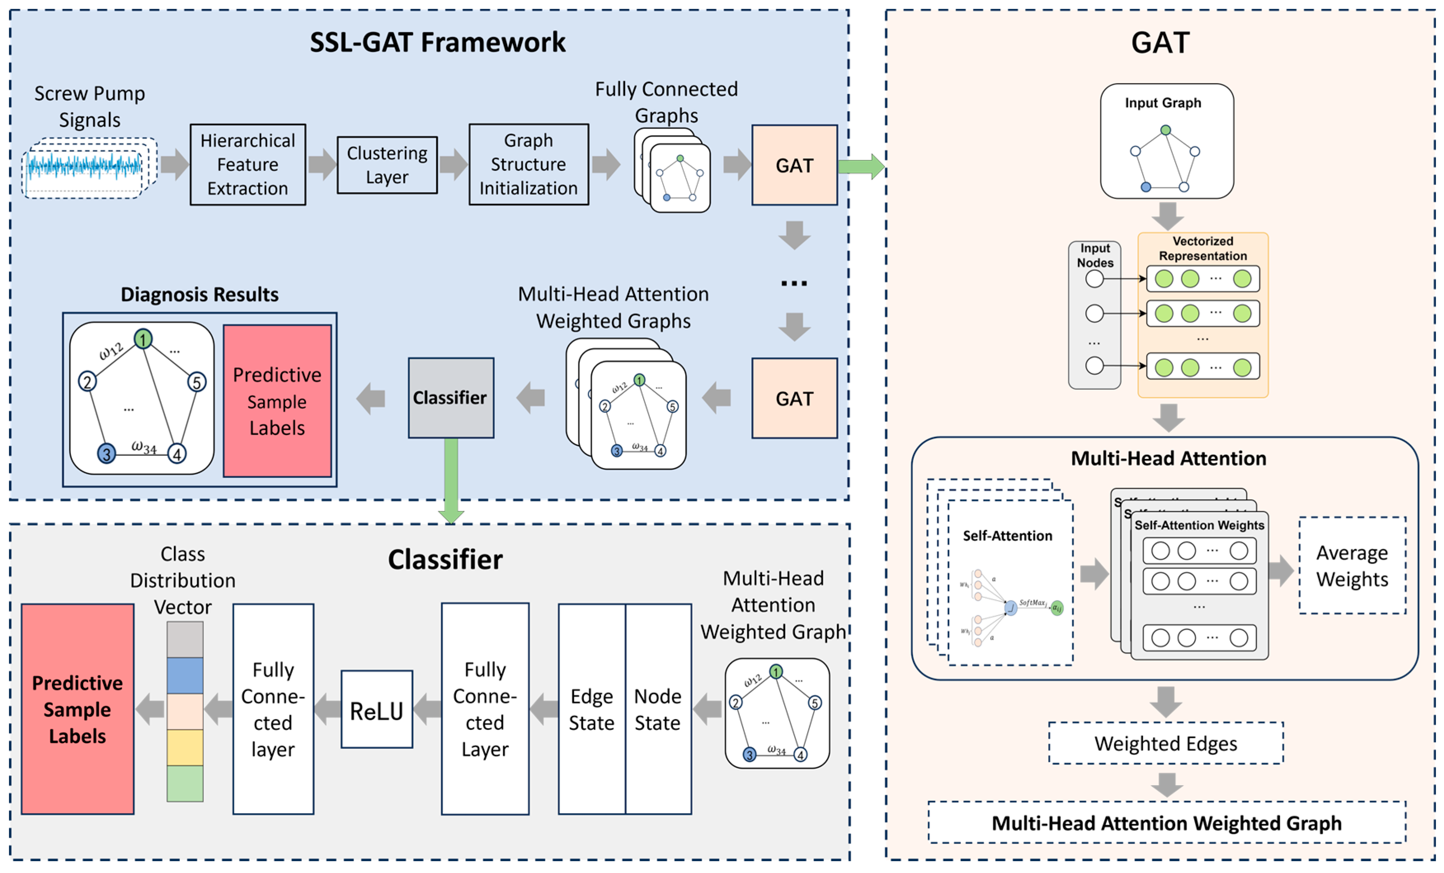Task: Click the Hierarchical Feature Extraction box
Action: [x=247, y=165]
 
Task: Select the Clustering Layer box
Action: [x=387, y=165]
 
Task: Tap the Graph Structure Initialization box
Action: [x=528, y=165]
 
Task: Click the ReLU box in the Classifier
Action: [x=377, y=710]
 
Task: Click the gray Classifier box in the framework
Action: [x=451, y=398]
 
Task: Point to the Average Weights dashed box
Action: [x=1352, y=565]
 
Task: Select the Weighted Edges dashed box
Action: [x=1166, y=743]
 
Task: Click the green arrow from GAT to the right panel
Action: [x=860, y=167]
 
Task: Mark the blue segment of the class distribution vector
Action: [x=185, y=675]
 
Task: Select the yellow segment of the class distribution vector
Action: [x=185, y=747]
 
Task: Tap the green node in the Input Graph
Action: [x=1166, y=130]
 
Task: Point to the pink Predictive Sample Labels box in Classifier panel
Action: [x=78, y=709]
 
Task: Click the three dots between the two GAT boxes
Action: [x=794, y=284]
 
